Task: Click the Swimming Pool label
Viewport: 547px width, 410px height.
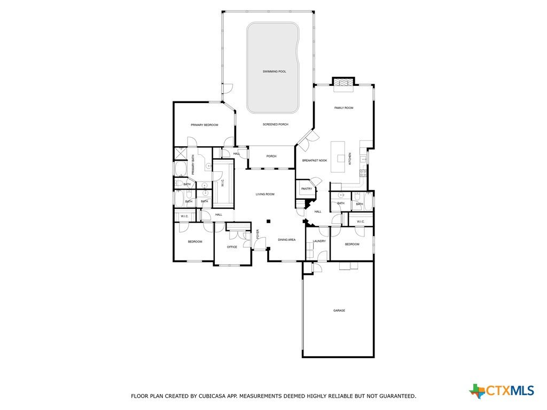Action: click(x=274, y=72)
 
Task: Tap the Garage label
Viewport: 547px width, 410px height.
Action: click(x=339, y=310)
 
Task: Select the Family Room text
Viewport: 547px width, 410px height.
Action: click(x=343, y=108)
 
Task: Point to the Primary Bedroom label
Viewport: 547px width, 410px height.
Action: click(x=205, y=125)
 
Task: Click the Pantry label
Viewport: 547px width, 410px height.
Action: click(x=307, y=188)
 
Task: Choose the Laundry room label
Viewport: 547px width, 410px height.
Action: click(x=319, y=241)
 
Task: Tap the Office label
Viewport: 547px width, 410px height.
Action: click(x=232, y=247)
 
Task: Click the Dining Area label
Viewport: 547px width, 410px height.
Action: click(x=287, y=240)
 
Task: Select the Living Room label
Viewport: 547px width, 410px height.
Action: click(x=265, y=194)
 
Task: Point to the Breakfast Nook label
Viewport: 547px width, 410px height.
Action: click(x=315, y=160)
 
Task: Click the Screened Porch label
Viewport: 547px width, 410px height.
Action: click(x=276, y=124)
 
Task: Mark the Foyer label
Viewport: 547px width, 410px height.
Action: click(x=258, y=234)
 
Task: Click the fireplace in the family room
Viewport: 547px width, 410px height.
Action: click(x=343, y=83)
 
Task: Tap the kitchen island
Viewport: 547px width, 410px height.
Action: click(x=338, y=157)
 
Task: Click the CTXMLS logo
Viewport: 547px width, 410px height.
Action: click(x=502, y=390)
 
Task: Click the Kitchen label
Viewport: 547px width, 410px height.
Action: click(x=350, y=159)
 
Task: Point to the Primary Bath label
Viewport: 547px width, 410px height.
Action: click(x=193, y=165)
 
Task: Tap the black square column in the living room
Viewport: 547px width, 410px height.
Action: click(x=268, y=221)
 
